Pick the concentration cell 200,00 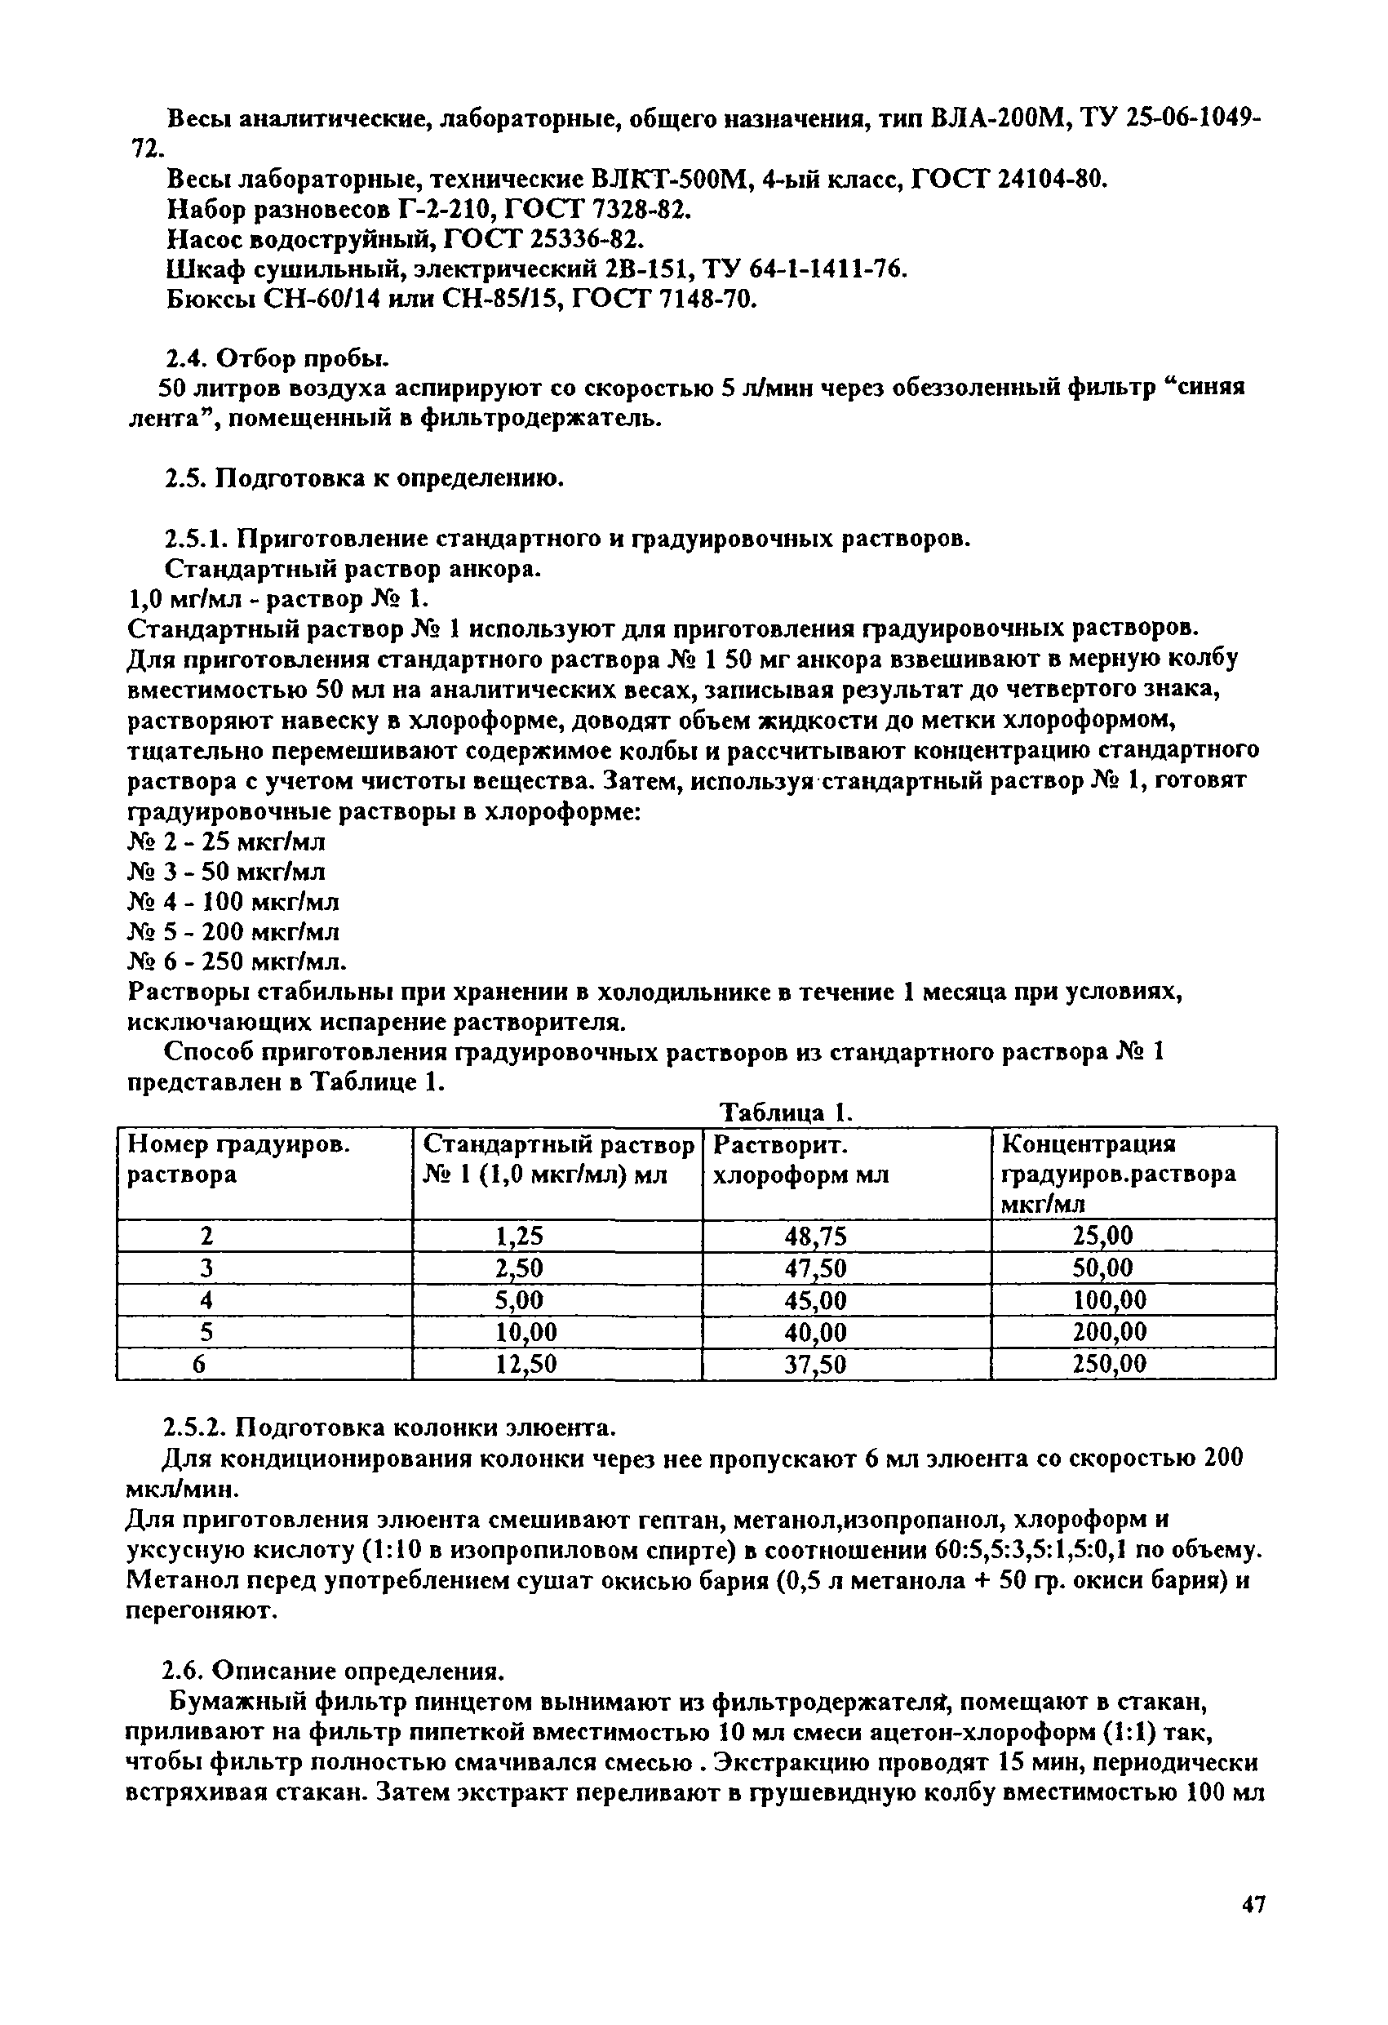(1109, 1332)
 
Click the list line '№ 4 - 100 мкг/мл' (233, 902)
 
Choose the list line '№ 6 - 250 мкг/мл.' (236, 962)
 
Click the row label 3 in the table (206, 1268)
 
